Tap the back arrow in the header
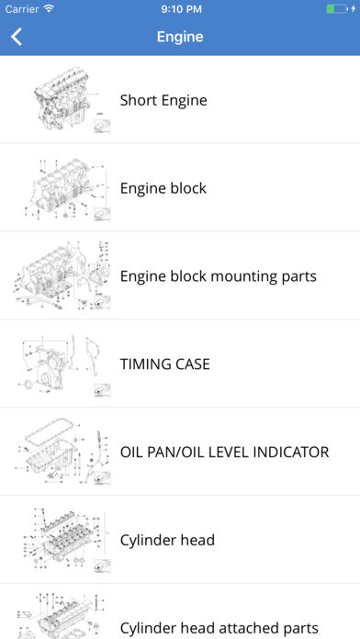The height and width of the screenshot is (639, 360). click(17, 37)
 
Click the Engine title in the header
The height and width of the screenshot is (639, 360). click(180, 37)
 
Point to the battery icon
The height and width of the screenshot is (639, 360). click(337, 8)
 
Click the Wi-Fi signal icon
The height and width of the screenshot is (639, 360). click(50, 8)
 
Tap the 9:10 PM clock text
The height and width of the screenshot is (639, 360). click(182, 9)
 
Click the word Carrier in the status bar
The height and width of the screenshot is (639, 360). click(22, 9)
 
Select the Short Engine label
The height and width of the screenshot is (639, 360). click(163, 100)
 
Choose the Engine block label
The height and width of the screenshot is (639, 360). click(163, 188)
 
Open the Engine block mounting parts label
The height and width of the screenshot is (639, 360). click(219, 276)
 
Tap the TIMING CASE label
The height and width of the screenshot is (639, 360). click(164, 364)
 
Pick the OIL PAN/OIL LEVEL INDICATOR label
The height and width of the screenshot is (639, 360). click(224, 452)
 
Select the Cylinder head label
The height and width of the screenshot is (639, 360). click(167, 540)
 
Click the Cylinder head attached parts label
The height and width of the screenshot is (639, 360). click(219, 628)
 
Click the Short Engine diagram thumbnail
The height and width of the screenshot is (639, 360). click(72, 100)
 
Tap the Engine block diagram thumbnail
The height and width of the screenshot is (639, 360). click(67, 189)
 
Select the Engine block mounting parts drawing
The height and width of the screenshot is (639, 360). click(62, 276)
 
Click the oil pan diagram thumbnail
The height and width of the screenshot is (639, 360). click(63, 453)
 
